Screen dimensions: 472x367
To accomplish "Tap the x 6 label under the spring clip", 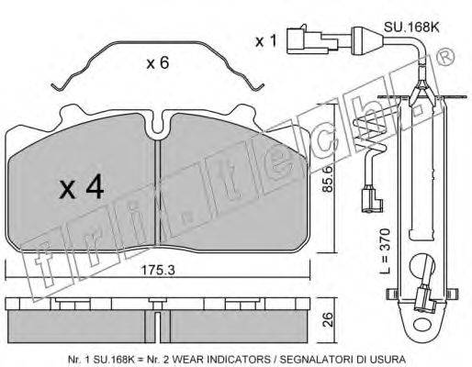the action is (x=158, y=63).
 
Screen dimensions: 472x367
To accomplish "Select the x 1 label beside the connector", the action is (x=266, y=41).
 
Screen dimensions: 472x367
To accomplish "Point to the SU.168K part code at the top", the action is (x=411, y=28).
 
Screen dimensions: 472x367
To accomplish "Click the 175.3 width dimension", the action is (x=158, y=270).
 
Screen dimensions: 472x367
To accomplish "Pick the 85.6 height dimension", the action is (x=328, y=179).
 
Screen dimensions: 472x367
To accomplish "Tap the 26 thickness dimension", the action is (x=328, y=319).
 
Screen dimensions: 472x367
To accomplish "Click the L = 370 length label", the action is (x=387, y=250).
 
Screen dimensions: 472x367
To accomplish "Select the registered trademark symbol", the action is (x=446, y=57).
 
